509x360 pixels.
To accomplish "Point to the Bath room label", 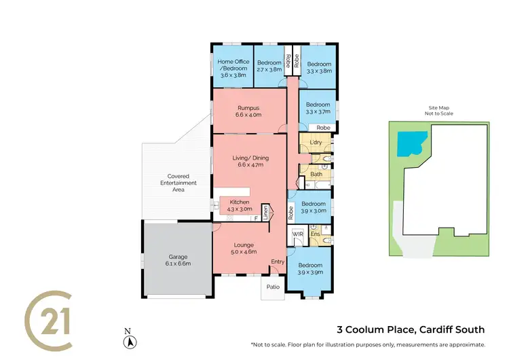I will (x=316, y=175).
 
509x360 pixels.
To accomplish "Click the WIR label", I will (x=297, y=234).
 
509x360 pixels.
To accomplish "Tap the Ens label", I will (x=315, y=234).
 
